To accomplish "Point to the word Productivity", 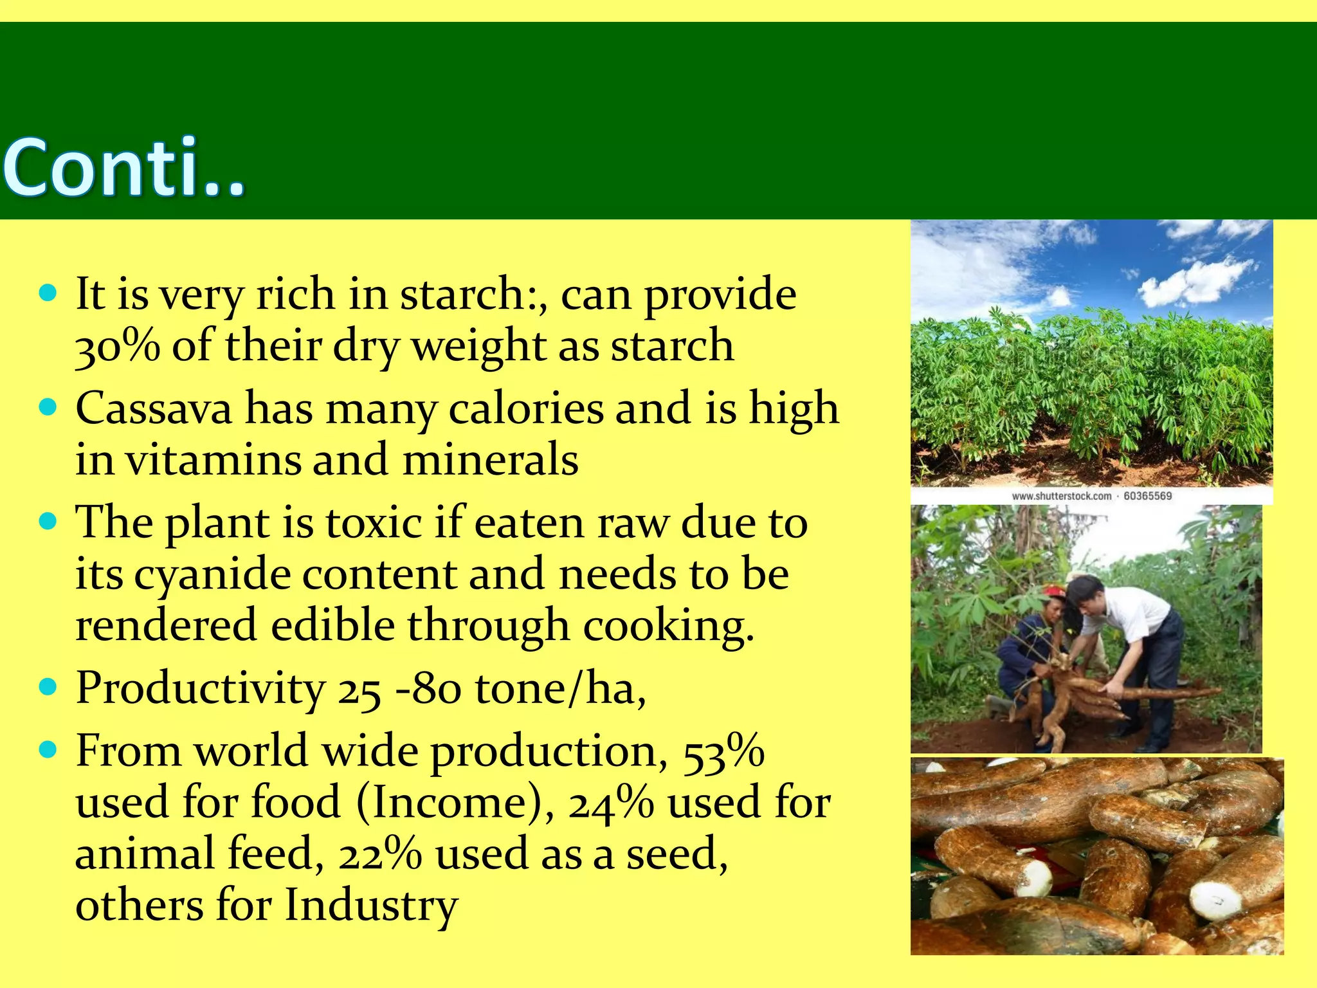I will point(201,689).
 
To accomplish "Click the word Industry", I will point(371,906).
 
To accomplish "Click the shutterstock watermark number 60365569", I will point(1147,496).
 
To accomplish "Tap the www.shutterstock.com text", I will point(1061,496).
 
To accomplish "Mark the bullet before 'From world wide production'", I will point(48,750).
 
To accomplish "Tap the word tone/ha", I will point(560,689).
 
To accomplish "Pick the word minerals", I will point(490,461).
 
